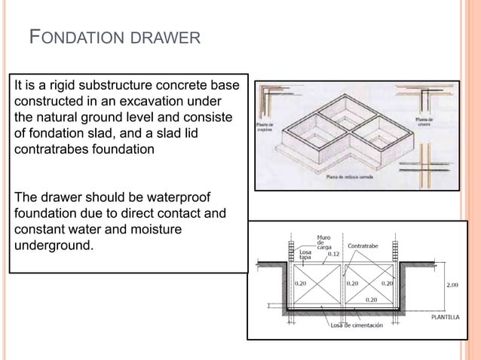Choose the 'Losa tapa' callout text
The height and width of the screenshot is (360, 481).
(x=306, y=255)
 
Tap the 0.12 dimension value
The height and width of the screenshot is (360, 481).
(x=332, y=255)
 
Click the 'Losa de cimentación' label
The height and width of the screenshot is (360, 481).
(x=355, y=325)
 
